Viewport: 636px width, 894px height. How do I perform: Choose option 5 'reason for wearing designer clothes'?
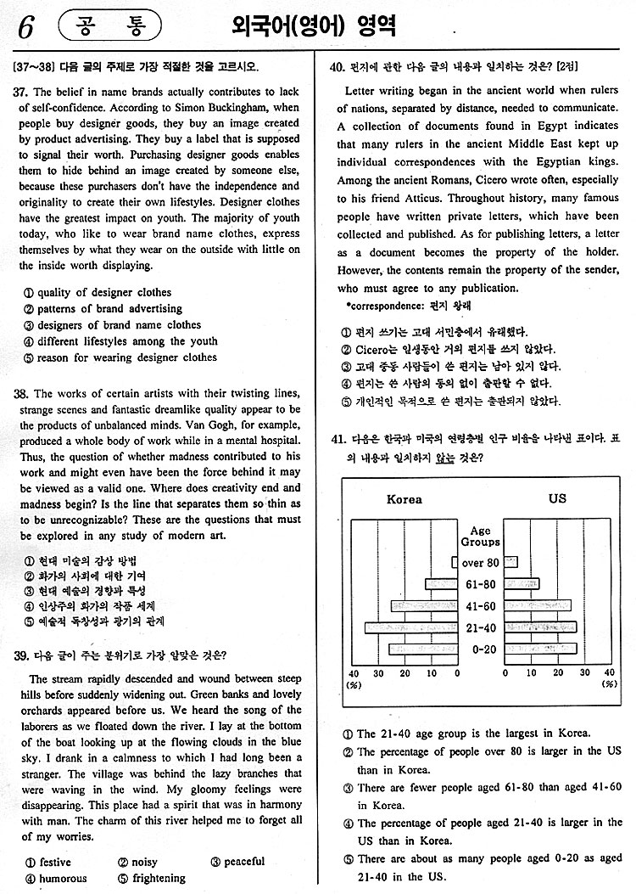click(120, 357)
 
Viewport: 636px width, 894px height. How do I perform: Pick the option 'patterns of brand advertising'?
click(103, 309)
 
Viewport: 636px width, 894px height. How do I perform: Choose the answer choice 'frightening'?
click(152, 878)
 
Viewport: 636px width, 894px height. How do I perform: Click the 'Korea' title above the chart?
click(404, 499)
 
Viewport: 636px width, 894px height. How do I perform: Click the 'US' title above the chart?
click(557, 499)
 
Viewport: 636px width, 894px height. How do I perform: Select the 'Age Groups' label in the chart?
click(480, 537)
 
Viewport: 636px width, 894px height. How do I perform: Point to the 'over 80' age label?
click(480, 563)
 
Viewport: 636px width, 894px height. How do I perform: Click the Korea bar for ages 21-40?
click(411, 627)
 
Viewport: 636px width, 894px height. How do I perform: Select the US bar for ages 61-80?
click(526, 584)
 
